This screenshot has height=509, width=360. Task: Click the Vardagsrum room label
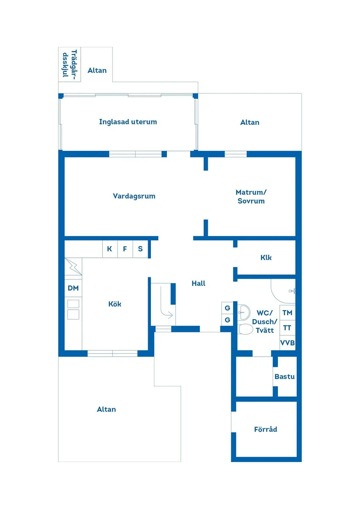(134, 196)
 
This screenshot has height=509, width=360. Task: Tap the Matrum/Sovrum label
(251, 196)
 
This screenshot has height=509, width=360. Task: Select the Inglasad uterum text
(128, 122)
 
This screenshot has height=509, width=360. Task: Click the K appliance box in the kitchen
(110, 249)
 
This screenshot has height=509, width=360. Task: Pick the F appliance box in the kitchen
(125, 249)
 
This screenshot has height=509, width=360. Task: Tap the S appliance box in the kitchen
(141, 249)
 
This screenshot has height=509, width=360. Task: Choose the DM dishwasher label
(73, 288)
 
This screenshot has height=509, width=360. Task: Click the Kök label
(115, 304)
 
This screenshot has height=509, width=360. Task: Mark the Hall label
(199, 284)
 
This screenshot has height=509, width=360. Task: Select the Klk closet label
(266, 257)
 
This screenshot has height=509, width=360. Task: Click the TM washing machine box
(288, 313)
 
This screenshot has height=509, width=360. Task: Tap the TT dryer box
(288, 328)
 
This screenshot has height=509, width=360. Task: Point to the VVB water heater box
(288, 343)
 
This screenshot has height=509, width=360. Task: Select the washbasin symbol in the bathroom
(243, 312)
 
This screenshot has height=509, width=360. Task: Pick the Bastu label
(285, 376)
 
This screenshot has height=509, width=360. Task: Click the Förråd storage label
(265, 429)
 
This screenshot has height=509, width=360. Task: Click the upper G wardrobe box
(227, 308)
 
